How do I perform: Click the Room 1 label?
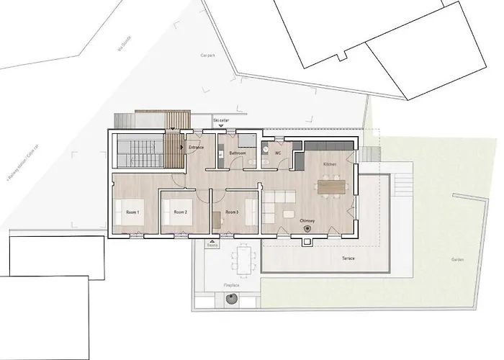coord(132,212)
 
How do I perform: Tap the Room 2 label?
coord(180,212)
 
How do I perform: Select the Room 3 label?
coord(231,212)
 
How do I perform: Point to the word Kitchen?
coord(330,165)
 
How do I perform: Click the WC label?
coord(277,152)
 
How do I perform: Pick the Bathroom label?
coord(238,153)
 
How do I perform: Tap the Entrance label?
coord(197,148)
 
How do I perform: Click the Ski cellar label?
coord(221,120)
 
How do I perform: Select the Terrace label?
coord(328,256)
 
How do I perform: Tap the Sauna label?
coord(212,246)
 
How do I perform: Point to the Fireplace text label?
coord(231,286)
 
